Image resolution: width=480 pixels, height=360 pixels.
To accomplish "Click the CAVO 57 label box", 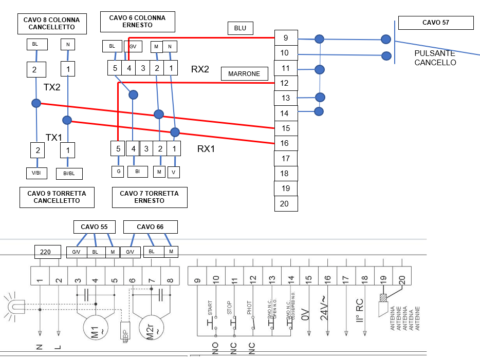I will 435,23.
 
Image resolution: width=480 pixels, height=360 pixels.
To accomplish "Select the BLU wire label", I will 240,28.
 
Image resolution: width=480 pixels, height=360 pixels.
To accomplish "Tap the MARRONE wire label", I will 245,74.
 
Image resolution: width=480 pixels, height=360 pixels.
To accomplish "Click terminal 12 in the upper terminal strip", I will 285,83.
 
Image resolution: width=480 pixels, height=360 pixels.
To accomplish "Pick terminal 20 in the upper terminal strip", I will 285,203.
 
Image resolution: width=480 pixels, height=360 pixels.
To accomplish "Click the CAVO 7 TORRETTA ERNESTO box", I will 149,197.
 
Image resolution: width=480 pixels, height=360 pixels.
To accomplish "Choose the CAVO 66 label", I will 150,226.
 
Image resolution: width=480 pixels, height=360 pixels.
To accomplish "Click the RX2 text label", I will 200,69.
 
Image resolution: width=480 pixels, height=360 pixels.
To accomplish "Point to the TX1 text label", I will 54,137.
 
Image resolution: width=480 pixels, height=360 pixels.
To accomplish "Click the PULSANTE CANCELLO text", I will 435,58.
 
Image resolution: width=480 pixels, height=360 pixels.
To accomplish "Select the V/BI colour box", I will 36,173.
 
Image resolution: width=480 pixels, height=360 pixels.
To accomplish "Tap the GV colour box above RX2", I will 133,46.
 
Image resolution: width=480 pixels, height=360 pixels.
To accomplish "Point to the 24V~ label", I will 325,308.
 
